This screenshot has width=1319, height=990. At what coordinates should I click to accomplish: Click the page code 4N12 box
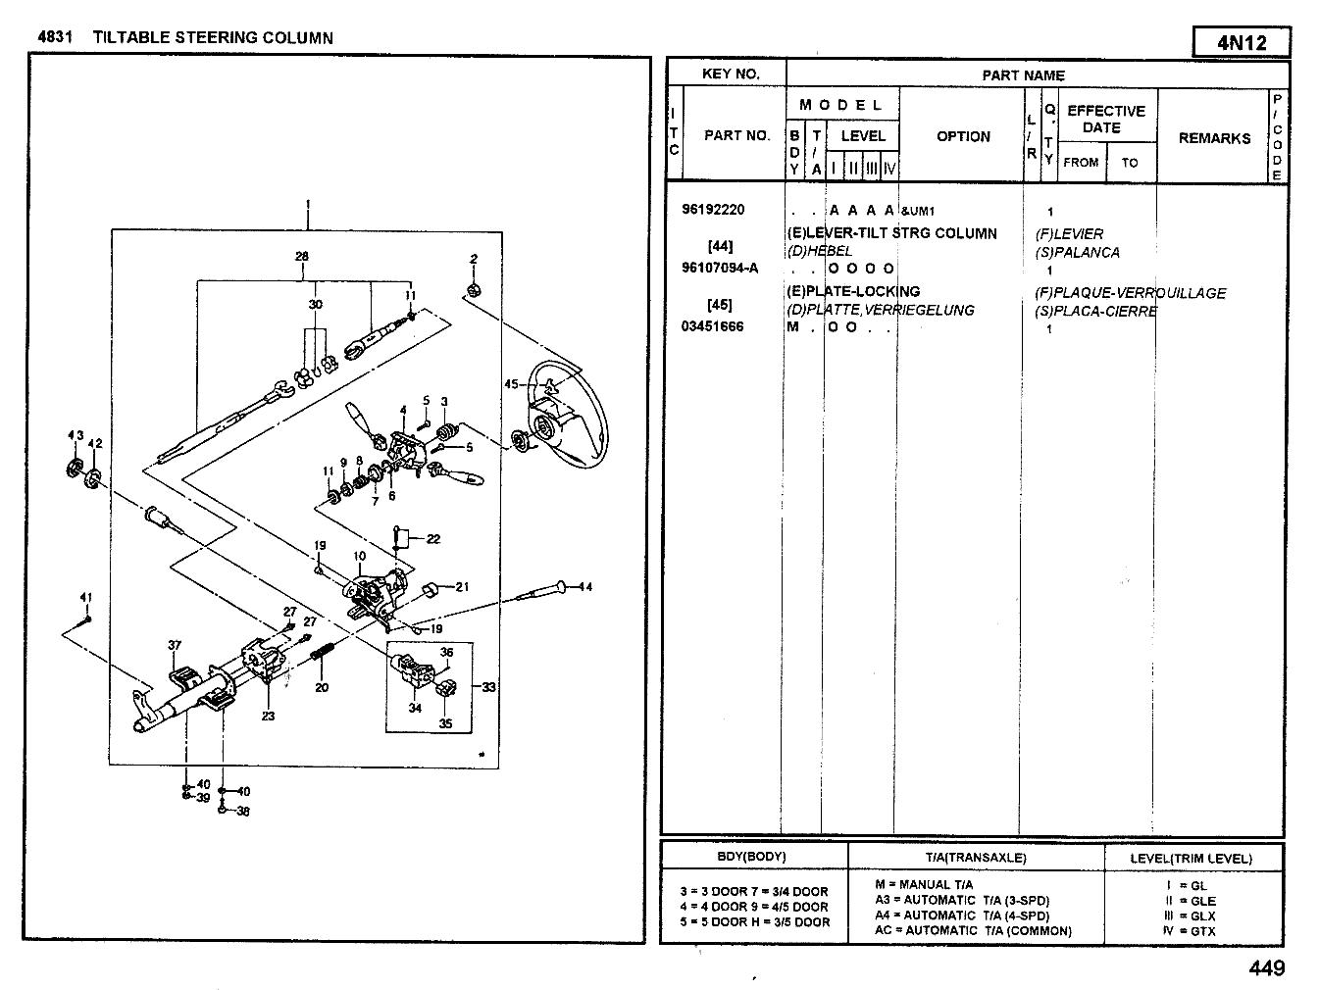(1242, 42)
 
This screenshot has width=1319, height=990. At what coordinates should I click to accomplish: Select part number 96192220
(713, 210)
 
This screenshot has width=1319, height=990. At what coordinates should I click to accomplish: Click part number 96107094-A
(720, 269)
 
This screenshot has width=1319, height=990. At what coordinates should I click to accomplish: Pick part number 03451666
(712, 327)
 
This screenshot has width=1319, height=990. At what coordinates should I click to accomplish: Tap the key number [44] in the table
(720, 246)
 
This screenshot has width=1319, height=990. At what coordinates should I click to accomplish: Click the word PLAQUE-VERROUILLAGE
(1139, 293)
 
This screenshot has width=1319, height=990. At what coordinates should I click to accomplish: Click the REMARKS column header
(1214, 138)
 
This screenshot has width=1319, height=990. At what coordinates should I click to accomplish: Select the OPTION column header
(963, 136)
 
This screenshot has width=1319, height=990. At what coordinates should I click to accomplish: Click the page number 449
(1266, 968)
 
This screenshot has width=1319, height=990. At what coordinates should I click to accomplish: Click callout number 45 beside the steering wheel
(511, 384)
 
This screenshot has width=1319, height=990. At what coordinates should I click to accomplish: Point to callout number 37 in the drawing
(175, 645)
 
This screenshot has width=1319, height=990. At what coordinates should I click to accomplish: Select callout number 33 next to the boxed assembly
(488, 687)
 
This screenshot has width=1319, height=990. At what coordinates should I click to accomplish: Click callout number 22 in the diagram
(432, 538)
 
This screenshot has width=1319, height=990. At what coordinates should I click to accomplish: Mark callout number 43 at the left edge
(76, 435)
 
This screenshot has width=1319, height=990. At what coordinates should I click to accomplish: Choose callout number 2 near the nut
(473, 260)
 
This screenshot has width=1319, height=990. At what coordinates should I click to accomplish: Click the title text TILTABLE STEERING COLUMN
(213, 38)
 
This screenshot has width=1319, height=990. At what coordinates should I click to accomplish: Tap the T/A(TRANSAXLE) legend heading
(976, 858)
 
